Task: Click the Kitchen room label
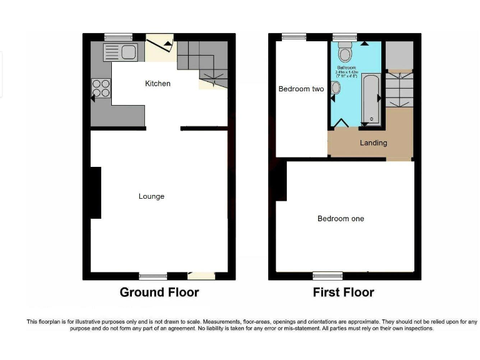157,83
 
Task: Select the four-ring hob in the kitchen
101,89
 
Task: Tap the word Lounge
151,196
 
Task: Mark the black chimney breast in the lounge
96,192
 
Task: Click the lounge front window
153,276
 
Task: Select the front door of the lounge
201,275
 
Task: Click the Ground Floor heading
159,292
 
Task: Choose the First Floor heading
343,292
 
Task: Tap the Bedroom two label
301,89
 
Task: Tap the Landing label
373,142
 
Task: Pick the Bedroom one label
341,219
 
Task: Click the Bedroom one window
327,276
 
